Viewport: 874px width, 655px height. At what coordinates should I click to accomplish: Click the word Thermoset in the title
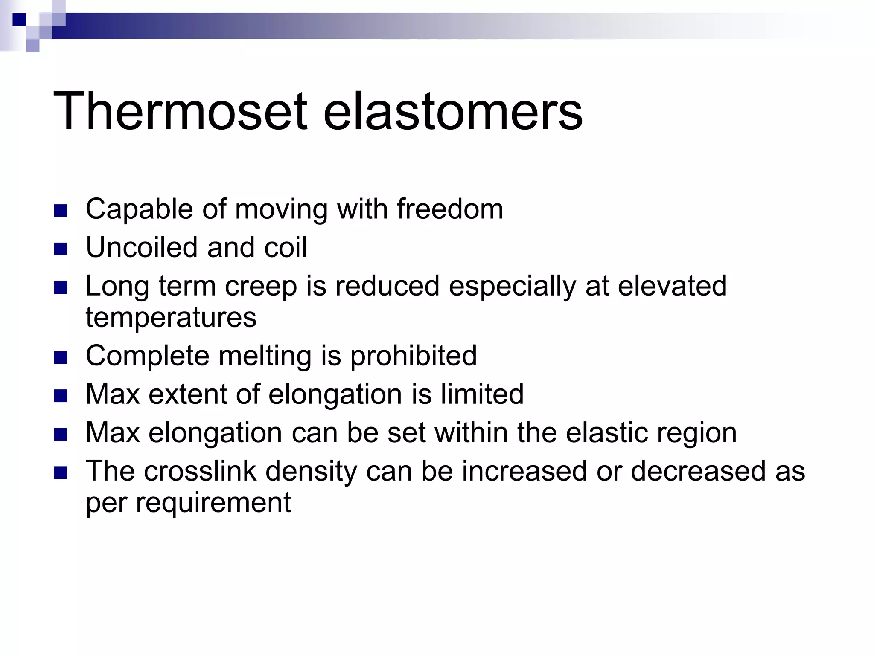tap(180, 112)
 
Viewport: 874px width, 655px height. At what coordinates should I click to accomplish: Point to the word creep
tap(261, 287)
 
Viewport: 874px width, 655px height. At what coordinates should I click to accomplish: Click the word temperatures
tap(171, 317)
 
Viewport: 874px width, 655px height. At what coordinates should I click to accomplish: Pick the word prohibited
tap(413, 356)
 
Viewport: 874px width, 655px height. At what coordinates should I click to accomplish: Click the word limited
tap(482, 394)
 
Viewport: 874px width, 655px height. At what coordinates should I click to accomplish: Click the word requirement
tap(213, 502)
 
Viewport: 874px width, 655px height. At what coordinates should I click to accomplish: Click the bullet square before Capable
tap(61, 211)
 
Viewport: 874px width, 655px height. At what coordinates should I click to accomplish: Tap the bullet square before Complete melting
tap(61, 358)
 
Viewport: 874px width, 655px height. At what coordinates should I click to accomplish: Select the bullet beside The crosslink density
tap(61, 473)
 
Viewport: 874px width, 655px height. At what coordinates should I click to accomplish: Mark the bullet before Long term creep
tap(61, 288)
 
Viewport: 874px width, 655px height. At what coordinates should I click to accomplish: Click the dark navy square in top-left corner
tap(19, 20)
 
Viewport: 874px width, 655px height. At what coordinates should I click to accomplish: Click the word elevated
tap(672, 286)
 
